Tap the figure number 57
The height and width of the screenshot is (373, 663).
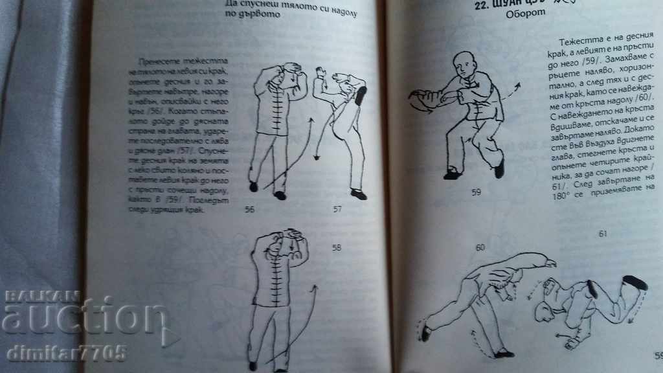[x=337, y=210]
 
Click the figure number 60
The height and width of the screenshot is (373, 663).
[x=480, y=247]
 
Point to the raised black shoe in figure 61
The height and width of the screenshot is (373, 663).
[x=635, y=282]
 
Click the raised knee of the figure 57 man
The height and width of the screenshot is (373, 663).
[x=359, y=96]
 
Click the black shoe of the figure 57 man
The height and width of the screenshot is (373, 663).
[x=358, y=194]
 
